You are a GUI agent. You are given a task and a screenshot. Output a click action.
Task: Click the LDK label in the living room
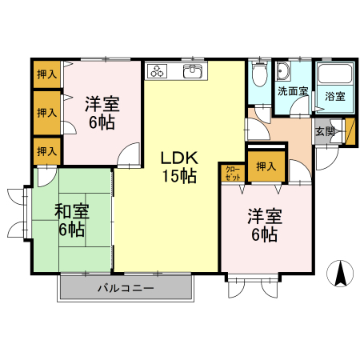point(178,158)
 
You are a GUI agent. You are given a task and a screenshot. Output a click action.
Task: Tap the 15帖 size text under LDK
point(178,177)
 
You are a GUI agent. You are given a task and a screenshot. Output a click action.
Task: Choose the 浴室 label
point(334,97)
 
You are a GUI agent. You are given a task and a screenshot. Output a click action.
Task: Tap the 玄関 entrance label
point(324,131)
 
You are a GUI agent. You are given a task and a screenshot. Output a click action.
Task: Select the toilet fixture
point(259,76)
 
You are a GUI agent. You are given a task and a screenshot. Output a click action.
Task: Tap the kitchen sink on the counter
point(193,72)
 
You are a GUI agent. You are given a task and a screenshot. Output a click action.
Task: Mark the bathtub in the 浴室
point(334,75)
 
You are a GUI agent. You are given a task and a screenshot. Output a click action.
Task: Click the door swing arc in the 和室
point(46,177)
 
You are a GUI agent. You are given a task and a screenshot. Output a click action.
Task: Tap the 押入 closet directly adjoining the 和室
point(47,150)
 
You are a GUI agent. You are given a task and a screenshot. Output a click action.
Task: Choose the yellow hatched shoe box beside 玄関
point(337,130)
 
